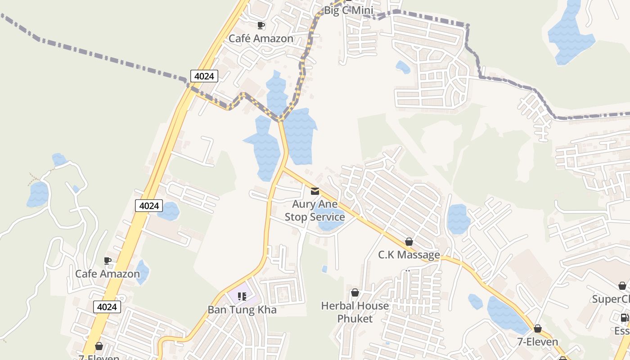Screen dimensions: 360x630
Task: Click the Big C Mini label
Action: pyautogui.click(x=349, y=10)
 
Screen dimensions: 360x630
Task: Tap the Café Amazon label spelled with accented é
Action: pyautogui.click(x=261, y=38)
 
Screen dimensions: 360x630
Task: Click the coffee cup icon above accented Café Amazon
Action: pyautogui.click(x=261, y=25)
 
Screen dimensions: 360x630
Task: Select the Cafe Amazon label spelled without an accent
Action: pyautogui.click(x=108, y=274)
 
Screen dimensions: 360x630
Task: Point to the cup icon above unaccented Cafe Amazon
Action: pyautogui.click(x=108, y=261)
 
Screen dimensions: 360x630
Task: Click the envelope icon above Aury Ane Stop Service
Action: pyautogui.click(x=315, y=191)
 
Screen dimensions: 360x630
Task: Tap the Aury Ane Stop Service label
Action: pyautogui.click(x=315, y=211)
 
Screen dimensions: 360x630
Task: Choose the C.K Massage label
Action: pyautogui.click(x=409, y=255)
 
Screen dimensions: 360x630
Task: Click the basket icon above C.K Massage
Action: pyautogui.click(x=409, y=242)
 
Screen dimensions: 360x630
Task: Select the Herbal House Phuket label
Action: pyautogui.click(x=355, y=312)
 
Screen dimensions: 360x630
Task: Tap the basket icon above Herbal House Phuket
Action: pyautogui.click(x=355, y=293)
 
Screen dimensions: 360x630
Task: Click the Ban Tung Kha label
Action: pyautogui.click(x=242, y=310)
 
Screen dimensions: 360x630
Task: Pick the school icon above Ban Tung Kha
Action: pyautogui.click(x=242, y=296)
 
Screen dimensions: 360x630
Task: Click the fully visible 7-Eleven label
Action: pyautogui.click(x=538, y=342)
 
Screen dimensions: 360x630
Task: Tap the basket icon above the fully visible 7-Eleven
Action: pyautogui.click(x=538, y=328)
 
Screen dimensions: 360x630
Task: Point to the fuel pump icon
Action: pyautogui.click(x=625, y=318)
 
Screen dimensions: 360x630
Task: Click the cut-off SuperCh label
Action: pyautogui.click(x=611, y=299)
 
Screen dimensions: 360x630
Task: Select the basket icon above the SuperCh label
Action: pyautogui.click(x=622, y=286)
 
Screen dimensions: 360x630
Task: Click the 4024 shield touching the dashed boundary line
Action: pyautogui.click(x=204, y=76)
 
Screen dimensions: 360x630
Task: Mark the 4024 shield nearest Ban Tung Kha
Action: pyautogui.click(x=108, y=307)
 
